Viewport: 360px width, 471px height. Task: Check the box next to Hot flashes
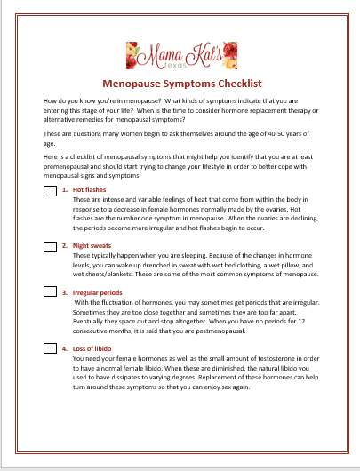[50, 191]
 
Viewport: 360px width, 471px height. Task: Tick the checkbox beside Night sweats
[50, 247]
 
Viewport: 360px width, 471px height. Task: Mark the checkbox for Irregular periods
[50, 291]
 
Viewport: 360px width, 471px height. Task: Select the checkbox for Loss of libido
[50, 348]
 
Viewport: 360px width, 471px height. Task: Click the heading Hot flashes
[89, 190]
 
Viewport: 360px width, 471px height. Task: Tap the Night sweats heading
[92, 245]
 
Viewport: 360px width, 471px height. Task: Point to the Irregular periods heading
[98, 293]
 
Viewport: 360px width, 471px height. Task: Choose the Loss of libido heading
[92, 348]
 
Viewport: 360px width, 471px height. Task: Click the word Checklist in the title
[240, 84]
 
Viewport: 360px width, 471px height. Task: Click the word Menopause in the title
[132, 84]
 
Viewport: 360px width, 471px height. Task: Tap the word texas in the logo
[175, 65]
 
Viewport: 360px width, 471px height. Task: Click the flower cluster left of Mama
[132, 56]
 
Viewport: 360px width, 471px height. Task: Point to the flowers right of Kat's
[230, 55]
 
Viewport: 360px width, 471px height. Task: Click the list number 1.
[65, 190]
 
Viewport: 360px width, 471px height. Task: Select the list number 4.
[65, 348]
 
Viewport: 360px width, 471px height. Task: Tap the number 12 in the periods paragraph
[301, 322]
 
